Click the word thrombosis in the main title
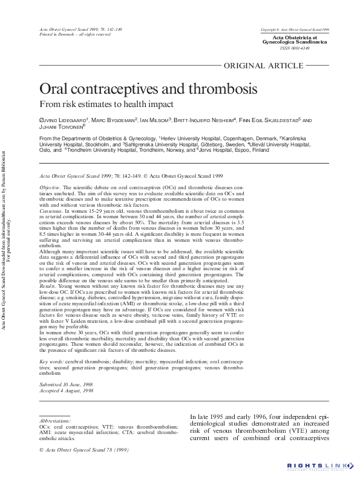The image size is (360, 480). click(211, 89)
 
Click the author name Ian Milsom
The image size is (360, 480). click(155, 120)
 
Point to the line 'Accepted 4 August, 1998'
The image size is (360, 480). click(67, 391)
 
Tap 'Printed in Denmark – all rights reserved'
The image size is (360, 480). click(74, 34)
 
